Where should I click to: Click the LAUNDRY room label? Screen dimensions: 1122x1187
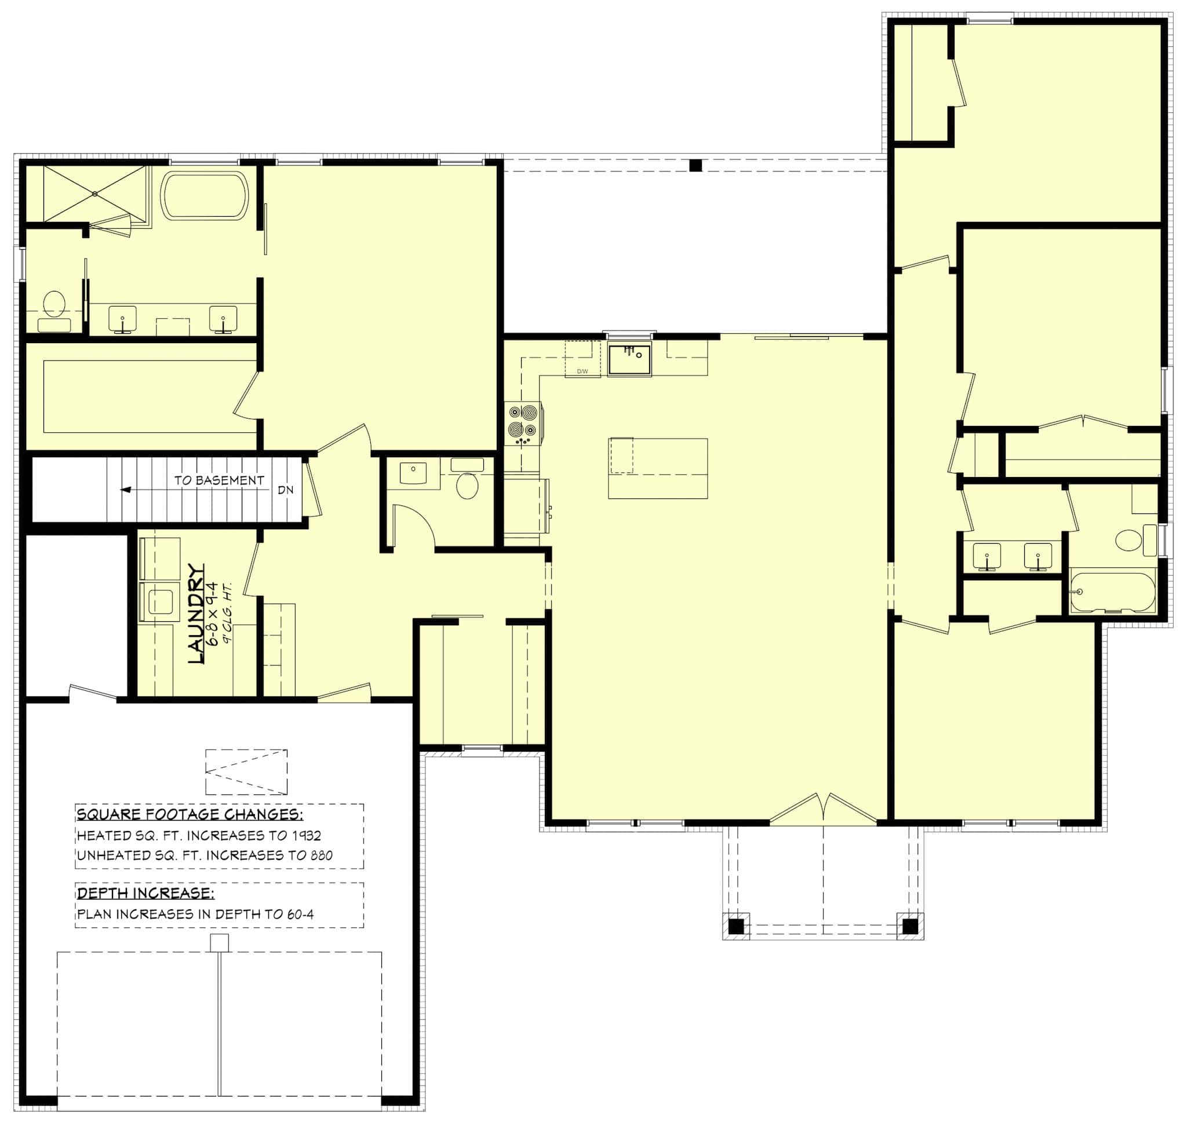[196, 613]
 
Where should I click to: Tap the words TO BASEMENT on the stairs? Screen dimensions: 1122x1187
[219, 480]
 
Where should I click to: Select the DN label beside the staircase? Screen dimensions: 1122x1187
[286, 490]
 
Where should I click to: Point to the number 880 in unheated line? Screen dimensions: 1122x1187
[321, 855]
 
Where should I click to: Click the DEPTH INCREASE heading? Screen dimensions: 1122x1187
[145, 893]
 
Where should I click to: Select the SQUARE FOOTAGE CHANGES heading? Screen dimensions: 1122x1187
[190, 814]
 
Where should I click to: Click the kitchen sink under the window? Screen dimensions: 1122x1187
[629, 359]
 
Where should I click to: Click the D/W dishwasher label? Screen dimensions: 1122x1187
[582, 371]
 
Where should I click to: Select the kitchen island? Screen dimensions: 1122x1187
[658, 468]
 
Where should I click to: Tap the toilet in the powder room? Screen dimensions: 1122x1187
[467, 485]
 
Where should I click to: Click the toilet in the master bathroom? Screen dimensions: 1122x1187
[54, 304]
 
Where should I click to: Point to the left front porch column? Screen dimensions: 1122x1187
[736, 927]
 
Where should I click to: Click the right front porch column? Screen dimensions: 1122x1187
[909, 927]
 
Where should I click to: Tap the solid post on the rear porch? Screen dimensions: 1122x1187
[695, 166]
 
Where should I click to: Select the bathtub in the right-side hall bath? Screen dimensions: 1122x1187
[1112, 593]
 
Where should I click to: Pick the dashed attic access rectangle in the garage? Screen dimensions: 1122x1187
[246, 772]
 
